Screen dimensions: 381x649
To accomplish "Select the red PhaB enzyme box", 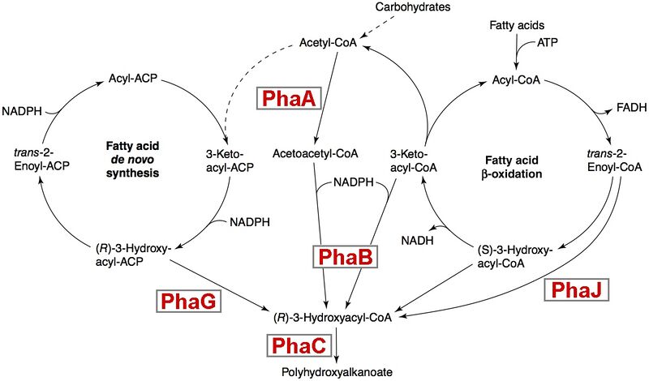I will point(344,257).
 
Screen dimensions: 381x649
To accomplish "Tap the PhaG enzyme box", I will point(187,302).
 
